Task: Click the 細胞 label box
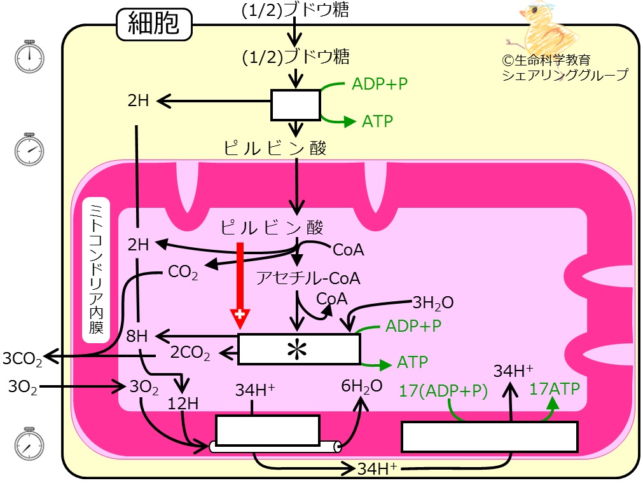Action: click(154, 24)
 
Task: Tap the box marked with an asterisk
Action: click(299, 349)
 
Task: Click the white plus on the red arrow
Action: click(240, 315)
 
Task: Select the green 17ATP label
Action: click(555, 388)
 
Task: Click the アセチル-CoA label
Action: click(308, 278)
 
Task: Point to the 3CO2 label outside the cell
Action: click(22, 358)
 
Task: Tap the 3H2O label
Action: click(433, 303)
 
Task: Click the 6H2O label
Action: click(362, 386)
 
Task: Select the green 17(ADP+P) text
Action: click(443, 391)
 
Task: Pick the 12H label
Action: click(183, 404)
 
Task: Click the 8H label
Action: click(137, 336)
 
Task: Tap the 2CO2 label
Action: click(190, 353)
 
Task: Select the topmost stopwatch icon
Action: click(29, 57)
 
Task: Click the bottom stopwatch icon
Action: click(29, 444)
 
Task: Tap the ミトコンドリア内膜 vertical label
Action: click(96, 270)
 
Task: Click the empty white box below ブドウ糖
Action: click(296, 105)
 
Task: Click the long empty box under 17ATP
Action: click(490, 437)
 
